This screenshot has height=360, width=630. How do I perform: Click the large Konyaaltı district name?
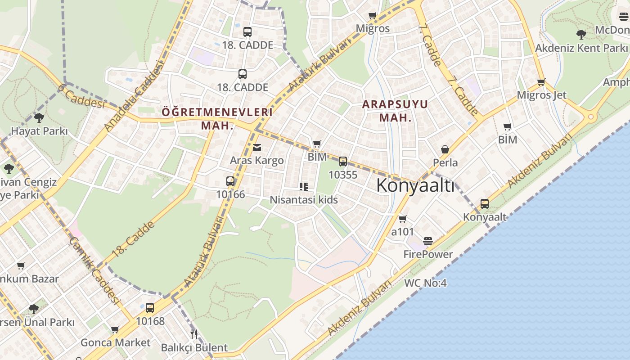coord(415,185)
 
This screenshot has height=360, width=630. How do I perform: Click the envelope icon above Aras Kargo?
coord(257,147)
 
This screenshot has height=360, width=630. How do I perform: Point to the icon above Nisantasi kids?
coord(304,186)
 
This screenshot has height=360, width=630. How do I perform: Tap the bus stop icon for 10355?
coord(343,162)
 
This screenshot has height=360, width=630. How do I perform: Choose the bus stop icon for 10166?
coord(230,181)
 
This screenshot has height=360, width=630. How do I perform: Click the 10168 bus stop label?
coord(150,321)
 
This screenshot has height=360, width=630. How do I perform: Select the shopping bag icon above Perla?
coord(445,149)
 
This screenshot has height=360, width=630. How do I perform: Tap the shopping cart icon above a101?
coord(403,219)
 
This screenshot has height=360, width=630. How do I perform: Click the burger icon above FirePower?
coord(428,241)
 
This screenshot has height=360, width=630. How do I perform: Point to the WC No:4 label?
coord(425,283)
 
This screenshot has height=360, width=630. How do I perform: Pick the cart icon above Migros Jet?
coord(541,82)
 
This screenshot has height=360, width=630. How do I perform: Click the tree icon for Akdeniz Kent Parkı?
coord(581,34)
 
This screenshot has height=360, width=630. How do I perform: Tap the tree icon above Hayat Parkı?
coord(39,118)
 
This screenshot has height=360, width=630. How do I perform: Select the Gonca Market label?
coord(116,342)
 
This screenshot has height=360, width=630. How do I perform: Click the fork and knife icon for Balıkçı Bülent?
coord(194,334)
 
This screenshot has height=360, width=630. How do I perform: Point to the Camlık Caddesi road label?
coord(94,271)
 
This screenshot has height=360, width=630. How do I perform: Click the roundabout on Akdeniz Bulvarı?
coord(591,117)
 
